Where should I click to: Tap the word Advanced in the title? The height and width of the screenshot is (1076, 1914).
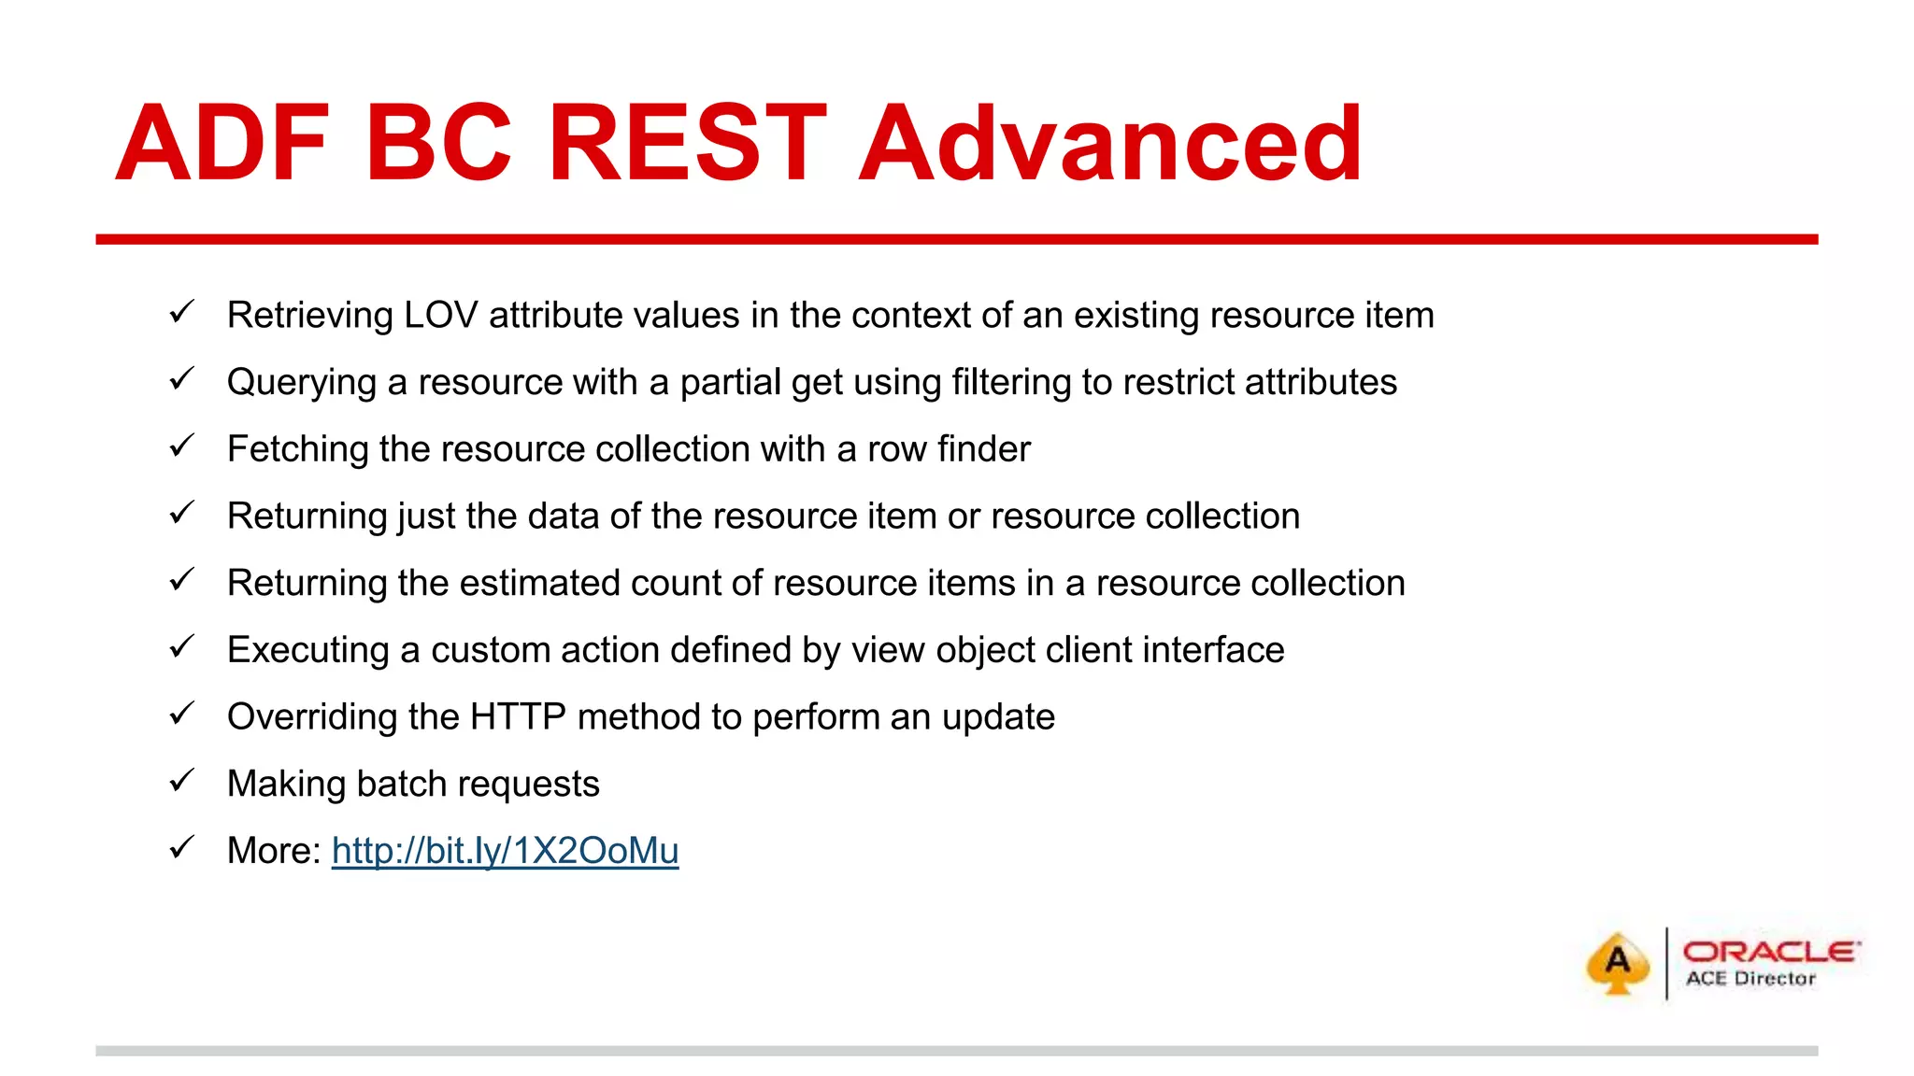(x=1109, y=144)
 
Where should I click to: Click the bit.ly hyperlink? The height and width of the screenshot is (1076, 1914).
(x=505, y=851)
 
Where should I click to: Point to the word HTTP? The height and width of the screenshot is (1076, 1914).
(x=518, y=717)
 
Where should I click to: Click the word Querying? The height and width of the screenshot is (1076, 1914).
(x=301, y=383)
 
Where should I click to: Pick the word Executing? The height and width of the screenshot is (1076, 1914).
(x=307, y=650)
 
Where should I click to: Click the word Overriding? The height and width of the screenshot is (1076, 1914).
(x=312, y=717)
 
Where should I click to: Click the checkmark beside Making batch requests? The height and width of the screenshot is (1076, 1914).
(x=181, y=780)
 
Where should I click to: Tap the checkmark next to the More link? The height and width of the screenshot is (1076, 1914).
(x=181, y=847)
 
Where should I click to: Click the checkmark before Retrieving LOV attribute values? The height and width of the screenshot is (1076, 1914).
(x=181, y=311)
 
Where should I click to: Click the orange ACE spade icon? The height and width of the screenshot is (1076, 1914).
(x=1618, y=963)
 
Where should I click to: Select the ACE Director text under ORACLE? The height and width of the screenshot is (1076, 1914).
(x=1750, y=979)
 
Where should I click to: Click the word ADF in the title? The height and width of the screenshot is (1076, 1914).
(x=222, y=144)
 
